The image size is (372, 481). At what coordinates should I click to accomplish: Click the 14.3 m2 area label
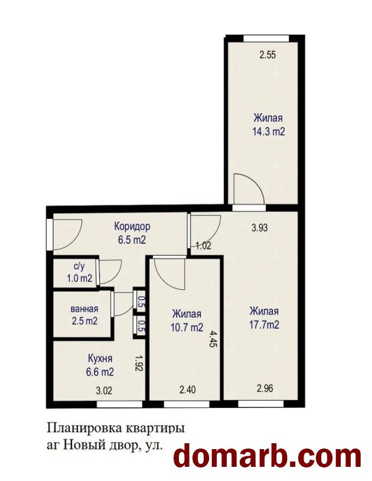269,132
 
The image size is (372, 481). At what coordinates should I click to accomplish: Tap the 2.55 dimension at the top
267,55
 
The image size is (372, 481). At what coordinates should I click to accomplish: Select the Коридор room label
132,227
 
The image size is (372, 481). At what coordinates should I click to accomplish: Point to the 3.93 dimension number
259,228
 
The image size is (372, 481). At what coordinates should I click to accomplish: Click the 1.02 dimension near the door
204,246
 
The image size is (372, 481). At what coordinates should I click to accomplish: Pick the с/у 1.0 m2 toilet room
75,273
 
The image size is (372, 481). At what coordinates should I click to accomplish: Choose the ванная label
84,309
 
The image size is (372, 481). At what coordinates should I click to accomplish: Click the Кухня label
100,358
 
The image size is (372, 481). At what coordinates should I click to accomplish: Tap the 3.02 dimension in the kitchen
104,391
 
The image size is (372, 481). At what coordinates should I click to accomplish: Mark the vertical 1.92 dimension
139,364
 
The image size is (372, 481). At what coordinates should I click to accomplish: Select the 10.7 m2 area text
187,328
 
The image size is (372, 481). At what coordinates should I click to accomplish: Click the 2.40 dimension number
188,390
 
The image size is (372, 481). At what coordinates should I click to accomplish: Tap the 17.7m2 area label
265,325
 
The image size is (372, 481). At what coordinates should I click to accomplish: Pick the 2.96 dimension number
265,388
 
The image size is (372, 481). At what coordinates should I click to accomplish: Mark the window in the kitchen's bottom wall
120,405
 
